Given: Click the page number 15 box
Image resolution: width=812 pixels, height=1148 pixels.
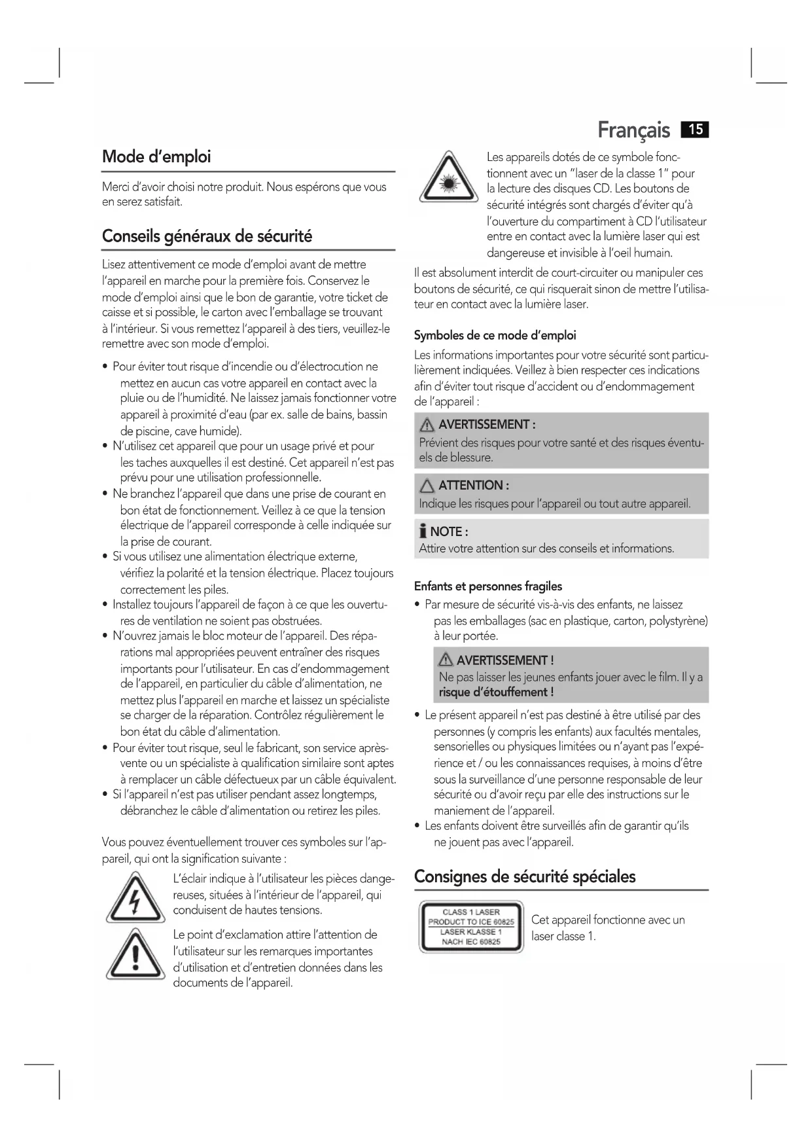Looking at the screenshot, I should (695, 130).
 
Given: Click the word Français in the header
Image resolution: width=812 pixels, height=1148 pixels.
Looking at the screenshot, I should (633, 130).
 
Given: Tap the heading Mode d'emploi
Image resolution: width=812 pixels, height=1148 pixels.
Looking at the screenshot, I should (156, 157).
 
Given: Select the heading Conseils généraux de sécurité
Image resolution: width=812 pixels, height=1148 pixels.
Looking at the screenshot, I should (207, 236).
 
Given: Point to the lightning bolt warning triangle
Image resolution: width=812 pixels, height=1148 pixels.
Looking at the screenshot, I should (135, 899).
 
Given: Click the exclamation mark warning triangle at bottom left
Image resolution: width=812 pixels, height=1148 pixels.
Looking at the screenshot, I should (135, 955).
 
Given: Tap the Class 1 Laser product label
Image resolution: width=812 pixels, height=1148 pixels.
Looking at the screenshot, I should (471, 927).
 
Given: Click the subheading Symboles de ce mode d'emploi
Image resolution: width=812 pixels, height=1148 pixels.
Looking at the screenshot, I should (495, 336).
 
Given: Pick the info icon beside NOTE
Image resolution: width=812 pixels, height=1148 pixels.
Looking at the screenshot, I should (423, 531).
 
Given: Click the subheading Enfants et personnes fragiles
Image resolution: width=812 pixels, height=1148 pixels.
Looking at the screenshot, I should (487, 586).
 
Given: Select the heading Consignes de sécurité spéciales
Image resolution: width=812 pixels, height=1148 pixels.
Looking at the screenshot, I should (525, 876).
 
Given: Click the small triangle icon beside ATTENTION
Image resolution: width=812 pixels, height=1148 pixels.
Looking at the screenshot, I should (427, 486).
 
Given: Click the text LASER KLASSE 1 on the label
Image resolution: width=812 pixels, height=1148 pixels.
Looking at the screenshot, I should (470, 932).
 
